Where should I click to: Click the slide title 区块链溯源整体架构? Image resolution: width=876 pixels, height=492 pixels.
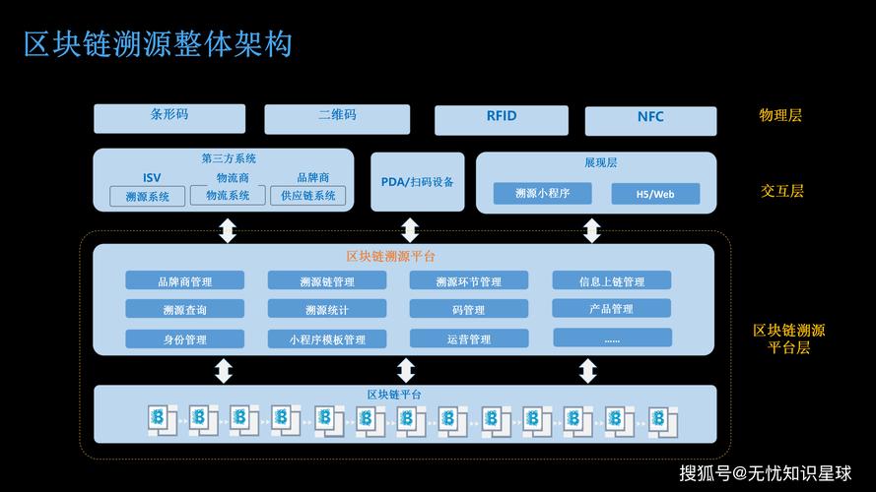[158, 44]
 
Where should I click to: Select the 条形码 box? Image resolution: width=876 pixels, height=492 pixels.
[168, 118]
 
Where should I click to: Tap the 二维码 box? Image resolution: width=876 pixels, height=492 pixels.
[337, 118]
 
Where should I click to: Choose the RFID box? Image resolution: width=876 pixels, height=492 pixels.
[502, 119]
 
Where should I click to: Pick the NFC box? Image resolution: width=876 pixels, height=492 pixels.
[651, 120]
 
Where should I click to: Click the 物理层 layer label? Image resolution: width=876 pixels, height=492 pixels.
[780, 115]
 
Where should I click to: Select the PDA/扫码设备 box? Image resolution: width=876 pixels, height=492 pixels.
[417, 182]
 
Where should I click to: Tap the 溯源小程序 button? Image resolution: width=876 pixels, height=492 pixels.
[542, 193]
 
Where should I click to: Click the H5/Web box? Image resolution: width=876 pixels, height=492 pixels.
[655, 194]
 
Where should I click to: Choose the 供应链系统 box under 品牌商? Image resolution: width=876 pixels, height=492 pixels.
[308, 196]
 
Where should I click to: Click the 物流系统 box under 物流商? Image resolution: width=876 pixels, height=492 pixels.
[228, 196]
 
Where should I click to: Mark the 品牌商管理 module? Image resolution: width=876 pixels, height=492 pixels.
[184, 280]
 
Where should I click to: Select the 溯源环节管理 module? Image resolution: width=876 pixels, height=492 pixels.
[469, 280]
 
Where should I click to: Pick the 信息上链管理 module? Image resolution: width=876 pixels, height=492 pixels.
[612, 280]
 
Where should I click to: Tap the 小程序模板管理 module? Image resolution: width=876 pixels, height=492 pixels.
[327, 338]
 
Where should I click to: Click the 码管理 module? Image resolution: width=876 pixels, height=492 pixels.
[469, 309]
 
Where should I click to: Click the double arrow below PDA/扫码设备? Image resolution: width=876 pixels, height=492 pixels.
[410, 230]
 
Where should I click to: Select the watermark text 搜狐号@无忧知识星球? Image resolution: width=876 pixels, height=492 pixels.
[765, 472]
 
